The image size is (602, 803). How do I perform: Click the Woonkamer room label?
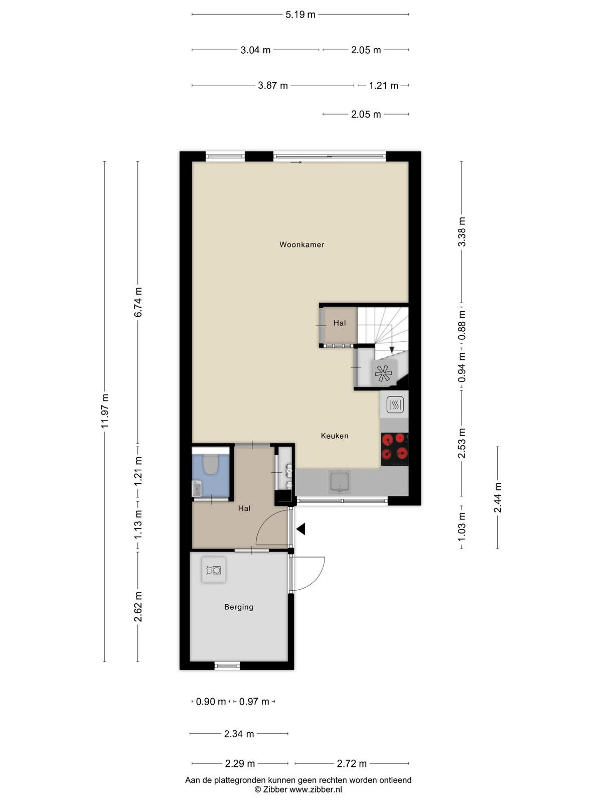[302, 245]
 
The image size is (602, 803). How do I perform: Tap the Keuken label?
[335, 436]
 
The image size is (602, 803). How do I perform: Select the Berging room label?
[239, 607]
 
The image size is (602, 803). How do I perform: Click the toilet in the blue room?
[210, 464]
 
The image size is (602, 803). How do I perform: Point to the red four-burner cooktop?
[394, 449]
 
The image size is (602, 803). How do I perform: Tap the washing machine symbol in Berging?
[214, 570]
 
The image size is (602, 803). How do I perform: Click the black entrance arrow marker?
[301, 529]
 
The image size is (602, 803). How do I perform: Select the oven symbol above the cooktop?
[395, 405]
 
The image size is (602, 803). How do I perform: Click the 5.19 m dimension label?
[300, 15]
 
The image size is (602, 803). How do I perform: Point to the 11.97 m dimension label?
[105, 411]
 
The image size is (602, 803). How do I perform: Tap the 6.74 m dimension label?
[138, 302]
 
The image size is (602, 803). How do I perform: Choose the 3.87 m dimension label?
[273, 86]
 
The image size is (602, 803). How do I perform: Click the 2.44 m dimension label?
[498, 497]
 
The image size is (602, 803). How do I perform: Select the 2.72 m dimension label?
[352, 763]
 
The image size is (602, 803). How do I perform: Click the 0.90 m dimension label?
[211, 702]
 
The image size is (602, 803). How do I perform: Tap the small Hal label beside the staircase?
[340, 323]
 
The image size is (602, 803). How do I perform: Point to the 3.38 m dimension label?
[462, 232]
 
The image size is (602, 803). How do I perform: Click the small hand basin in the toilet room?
[197, 488]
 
